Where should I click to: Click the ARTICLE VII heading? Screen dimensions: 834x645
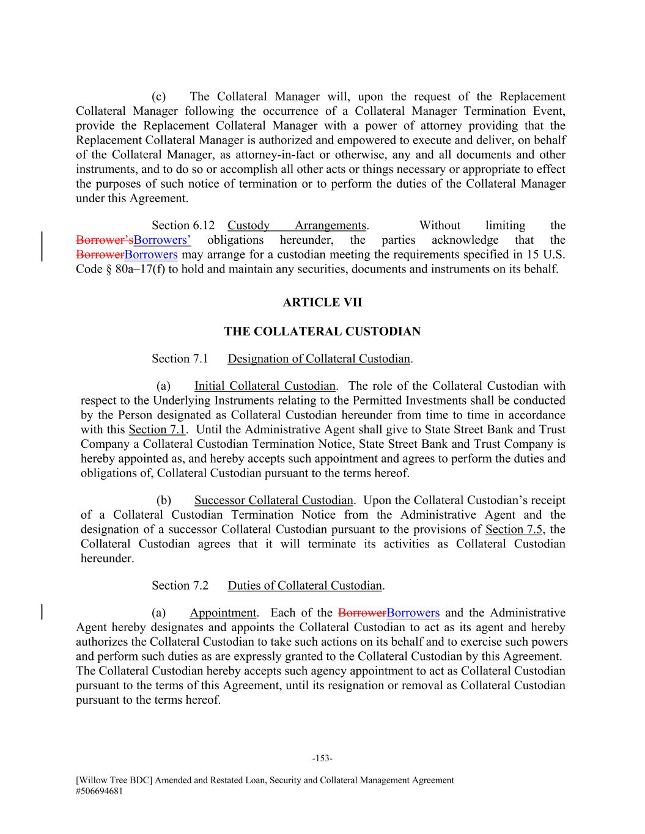(x=322, y=302)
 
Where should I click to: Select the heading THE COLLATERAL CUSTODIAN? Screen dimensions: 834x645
(x=322, y=332)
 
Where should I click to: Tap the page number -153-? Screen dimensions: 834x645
(x=322, y=759)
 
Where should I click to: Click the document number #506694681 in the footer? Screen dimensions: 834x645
(x=100, y=791)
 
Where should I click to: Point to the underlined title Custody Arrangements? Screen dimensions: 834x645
(x=297, y=225)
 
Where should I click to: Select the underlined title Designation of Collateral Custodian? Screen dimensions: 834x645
(x=319, y=359)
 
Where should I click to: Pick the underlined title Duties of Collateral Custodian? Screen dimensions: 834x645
(x=305, y=585)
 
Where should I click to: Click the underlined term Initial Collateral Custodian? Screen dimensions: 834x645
(x=265, y=386)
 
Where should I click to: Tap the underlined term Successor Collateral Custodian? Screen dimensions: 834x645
(x=273, y=500)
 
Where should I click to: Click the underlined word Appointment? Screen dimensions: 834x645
(x=223, y=613)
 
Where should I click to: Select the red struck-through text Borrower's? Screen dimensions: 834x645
(x=105, y=240)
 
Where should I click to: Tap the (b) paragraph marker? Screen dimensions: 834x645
(x=164, y=500)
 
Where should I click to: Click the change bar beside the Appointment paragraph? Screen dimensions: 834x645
(x=42, y=613)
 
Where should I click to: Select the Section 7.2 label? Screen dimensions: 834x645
(x=180, y=585)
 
